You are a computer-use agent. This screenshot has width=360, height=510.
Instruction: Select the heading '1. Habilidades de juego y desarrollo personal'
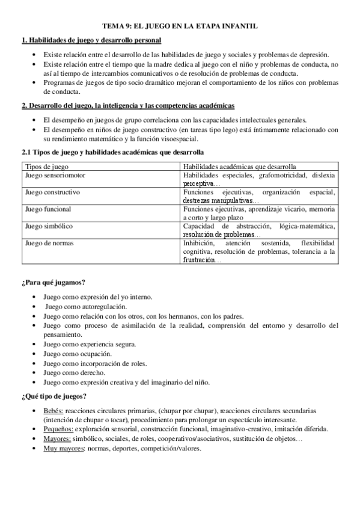[91, 40]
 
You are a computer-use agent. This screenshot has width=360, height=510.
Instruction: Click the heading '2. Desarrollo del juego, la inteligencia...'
[128, 106]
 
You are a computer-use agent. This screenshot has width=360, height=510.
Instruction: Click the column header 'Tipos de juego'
[46, 166]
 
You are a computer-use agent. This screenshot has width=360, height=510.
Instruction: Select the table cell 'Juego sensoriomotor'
[56, 174]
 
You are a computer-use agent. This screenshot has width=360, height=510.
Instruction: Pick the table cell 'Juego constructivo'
[53, 192]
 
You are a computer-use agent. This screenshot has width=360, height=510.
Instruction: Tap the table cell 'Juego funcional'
[48, 210]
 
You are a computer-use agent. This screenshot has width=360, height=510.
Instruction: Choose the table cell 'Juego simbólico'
[49, 226]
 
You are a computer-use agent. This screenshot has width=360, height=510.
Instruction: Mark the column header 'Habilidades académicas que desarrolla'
[239, 166]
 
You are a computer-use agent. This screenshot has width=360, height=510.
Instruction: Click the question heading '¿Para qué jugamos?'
[53, 283]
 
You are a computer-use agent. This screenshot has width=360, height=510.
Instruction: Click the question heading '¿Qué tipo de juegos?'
[54, 396]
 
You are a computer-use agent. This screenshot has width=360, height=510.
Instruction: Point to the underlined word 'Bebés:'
[53, 410]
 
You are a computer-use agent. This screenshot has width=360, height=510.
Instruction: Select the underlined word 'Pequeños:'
[58, 429]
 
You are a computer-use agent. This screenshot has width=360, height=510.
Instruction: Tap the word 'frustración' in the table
[199, 260]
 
